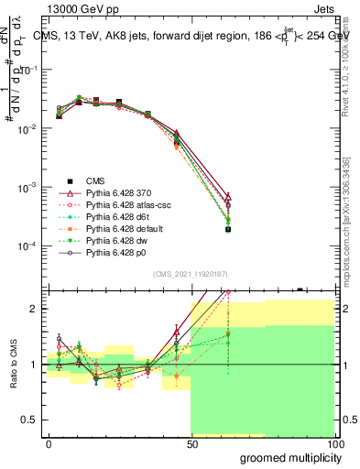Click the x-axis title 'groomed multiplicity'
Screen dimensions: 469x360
(287, 457)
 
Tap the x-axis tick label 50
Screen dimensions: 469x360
(191, 443)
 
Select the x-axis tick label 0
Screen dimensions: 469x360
(49, 443)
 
